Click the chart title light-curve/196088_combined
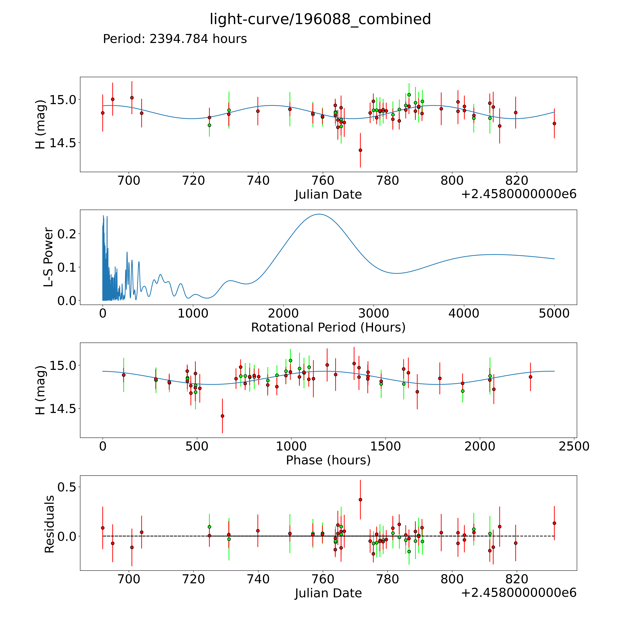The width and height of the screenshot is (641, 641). (x=320, y=19)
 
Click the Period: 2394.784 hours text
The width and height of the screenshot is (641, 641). (x=175, y=39)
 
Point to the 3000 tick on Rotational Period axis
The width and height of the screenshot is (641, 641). (x=374, y=313)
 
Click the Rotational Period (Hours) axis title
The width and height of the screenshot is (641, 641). (x=328, y=328)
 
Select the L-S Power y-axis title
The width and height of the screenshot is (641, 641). (x=48, y=257)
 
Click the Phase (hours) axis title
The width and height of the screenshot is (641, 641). (x=328, y=460)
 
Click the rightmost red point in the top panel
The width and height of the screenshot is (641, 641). (x=554, y=123)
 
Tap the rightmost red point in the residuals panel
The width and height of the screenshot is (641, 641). (x=554, y=523)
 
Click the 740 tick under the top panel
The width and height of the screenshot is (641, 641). (x=258, y=181)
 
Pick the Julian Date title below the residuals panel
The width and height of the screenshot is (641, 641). (x=328, y=593)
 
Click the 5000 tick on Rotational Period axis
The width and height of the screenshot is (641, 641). (x=554, y=313)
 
